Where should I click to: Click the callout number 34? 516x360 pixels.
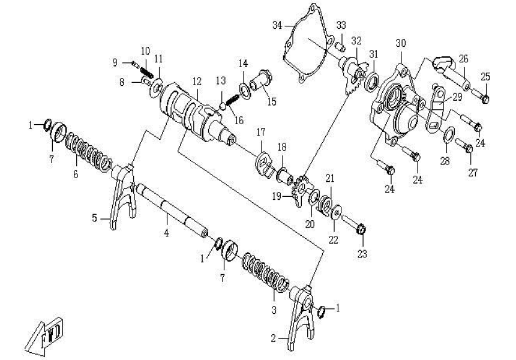tap(277, 25)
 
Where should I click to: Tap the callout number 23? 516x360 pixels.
tap(361, 254)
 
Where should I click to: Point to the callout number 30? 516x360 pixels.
tap(401, 43)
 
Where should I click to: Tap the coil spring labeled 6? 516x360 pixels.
tap(90, 153)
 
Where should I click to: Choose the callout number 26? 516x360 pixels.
tap(463, 59)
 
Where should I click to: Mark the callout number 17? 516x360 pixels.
tap(261, 132)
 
